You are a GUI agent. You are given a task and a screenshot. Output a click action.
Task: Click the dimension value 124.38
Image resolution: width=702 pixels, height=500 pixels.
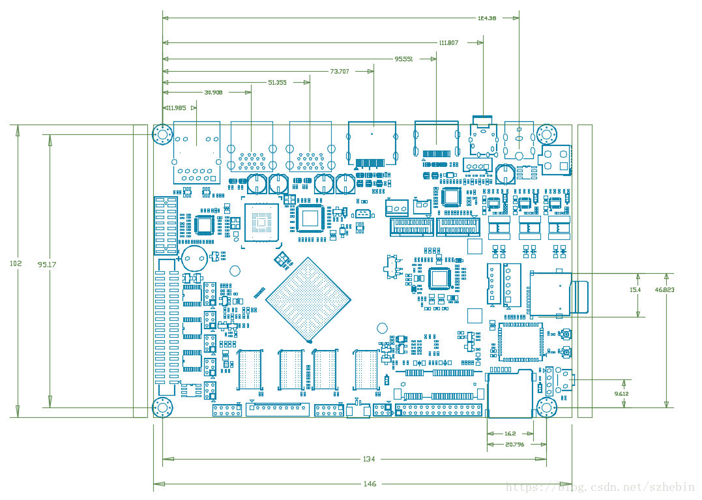tap(487, 18)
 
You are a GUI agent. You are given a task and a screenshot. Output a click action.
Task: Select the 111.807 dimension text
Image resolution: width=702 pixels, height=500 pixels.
tap(448, 43)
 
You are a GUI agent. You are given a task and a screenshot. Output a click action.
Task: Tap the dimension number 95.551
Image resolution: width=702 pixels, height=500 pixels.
tap(403, 59)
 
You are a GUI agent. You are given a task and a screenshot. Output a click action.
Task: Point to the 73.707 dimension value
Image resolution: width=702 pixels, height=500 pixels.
tap(340, 71)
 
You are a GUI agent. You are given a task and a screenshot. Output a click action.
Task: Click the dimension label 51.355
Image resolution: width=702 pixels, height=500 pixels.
tap(277, 83)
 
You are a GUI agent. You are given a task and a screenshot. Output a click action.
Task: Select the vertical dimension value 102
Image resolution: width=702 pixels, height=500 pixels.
tap(16, 263)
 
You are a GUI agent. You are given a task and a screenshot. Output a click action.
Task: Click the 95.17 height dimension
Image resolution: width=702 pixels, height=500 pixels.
tap(46, 265)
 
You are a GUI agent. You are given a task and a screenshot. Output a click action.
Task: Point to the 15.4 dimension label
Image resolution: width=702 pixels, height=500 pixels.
tap(635, 289)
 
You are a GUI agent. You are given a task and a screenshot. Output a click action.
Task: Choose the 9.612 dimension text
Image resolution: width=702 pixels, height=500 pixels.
tap(622, 394)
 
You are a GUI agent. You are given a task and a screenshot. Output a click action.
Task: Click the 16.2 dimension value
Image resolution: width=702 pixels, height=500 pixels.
tap(510, 433)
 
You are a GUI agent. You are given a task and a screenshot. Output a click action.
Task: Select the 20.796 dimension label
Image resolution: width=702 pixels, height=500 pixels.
tap(514, 445)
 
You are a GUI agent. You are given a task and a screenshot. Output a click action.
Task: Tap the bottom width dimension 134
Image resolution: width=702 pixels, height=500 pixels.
tap(369, 460)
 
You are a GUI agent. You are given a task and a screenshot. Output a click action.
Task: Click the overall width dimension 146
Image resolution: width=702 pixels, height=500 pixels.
tap(370, 484)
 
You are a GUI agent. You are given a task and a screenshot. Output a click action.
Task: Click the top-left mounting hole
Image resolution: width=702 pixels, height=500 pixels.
tap(162, 136)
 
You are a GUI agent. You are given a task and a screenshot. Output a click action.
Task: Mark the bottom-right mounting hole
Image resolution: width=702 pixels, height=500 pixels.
tap(546, 408)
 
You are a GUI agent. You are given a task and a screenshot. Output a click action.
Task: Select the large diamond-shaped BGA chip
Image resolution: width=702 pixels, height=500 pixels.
tap(308, 300)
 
